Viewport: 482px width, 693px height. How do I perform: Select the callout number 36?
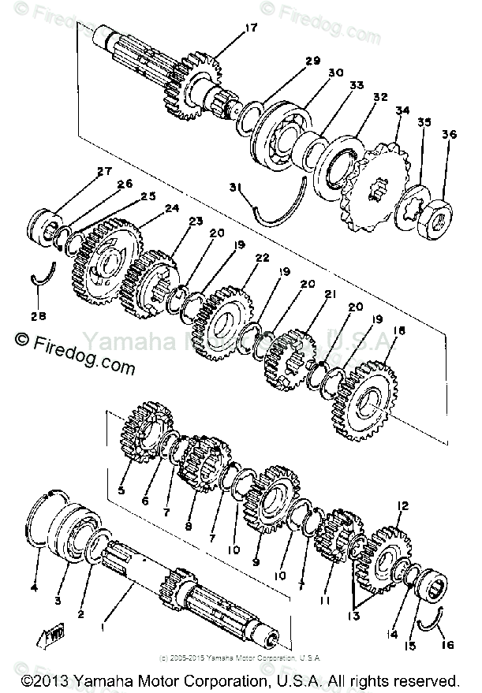coord(450,135)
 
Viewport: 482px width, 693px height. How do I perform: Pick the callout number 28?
coord(38,315)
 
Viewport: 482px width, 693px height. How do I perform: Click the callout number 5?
coord(121,490)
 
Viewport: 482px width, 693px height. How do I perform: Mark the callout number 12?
coord(402,505)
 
